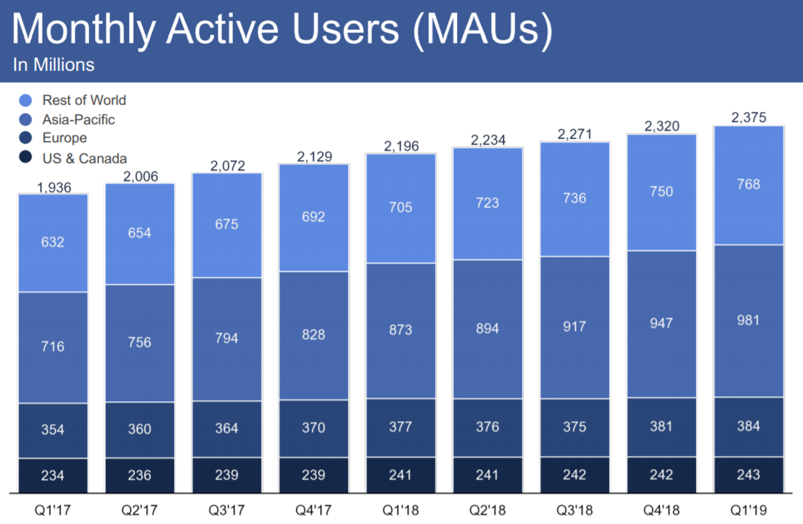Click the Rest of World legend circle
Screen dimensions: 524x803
coord(25,101)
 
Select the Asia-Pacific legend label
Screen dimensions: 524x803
coord(78,120)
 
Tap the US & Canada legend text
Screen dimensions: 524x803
coord(84,158)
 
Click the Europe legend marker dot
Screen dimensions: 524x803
coord(25,139)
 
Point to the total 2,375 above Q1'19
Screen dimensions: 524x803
coord(748,118)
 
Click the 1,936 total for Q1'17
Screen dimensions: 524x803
coord(53,186)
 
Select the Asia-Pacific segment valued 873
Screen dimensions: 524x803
coord(400,331)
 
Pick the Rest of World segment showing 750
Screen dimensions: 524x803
coord(662,192)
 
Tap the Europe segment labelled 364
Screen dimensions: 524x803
coord(227,428)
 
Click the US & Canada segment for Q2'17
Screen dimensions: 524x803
coord(140,476)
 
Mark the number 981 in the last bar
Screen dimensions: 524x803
coord(748,320)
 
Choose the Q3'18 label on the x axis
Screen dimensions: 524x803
coord(574,511)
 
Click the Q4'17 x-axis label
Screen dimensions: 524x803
coord(314,511)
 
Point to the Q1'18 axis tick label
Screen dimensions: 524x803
coord(400,511)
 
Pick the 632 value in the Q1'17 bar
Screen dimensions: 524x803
coord(53,242)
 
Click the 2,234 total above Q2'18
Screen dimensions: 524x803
coord(487,140)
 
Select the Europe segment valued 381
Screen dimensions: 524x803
coord(662,426)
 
